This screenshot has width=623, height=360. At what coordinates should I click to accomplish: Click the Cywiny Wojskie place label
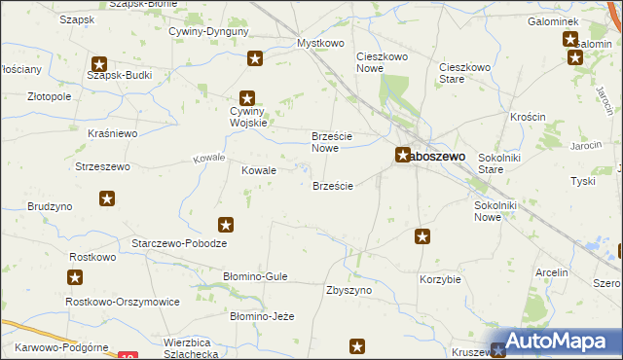247,116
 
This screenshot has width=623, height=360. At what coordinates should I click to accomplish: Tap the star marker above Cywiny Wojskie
247,97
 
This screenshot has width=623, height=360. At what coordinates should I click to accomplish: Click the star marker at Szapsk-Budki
98,64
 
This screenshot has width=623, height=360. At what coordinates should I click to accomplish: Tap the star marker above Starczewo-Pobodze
226,225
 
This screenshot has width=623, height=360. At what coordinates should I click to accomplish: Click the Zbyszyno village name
349,290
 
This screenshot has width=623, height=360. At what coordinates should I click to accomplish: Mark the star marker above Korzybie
422,236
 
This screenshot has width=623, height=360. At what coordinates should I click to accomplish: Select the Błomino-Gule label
255,276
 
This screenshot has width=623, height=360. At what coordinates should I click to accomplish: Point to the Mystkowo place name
321,44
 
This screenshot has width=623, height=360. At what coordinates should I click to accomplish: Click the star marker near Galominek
570,40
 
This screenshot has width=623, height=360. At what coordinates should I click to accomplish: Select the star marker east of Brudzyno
107,199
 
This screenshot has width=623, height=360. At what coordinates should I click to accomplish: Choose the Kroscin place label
527,116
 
